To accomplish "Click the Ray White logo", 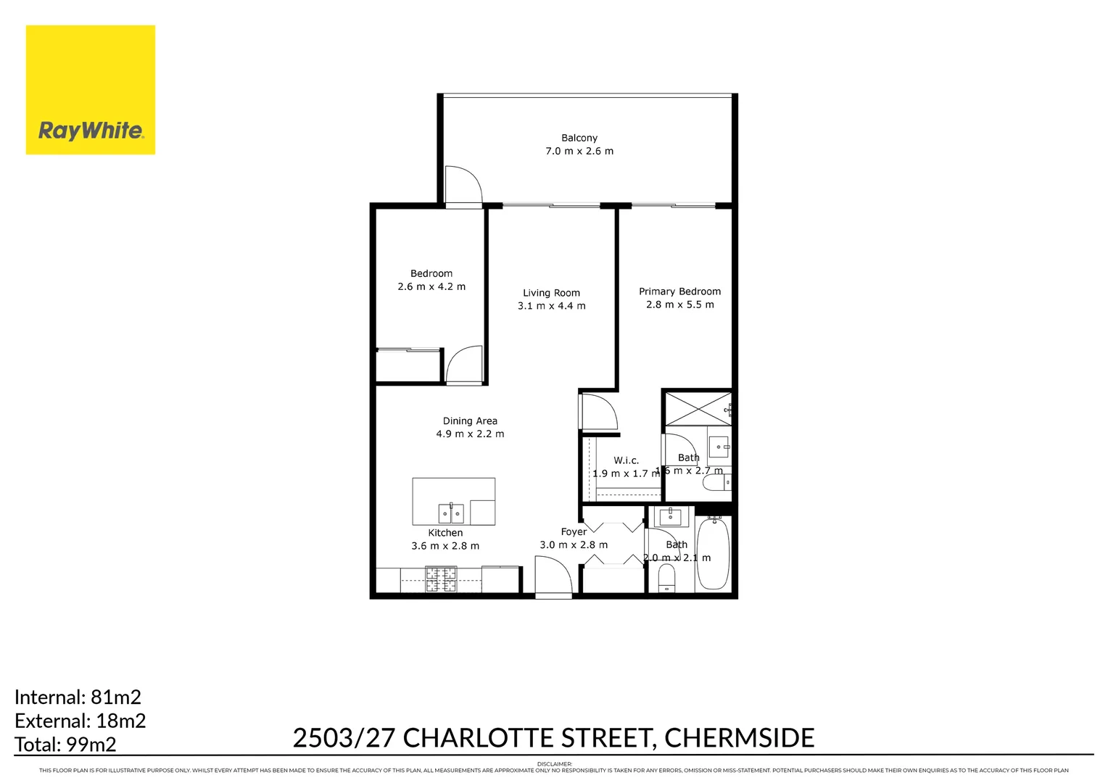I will (x=91, y=90).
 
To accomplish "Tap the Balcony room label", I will (x=579, y=138).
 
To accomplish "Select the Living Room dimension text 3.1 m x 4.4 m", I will (x=551, y=306).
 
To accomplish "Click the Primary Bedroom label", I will (x=679, y=291).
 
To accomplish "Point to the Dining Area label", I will (x=470, y=420).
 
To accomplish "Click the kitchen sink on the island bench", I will (x=450, y=513).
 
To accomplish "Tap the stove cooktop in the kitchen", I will (x=440, y=579).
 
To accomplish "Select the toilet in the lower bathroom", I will (x=666, y=577).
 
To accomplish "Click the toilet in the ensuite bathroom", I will (x=717, y=482).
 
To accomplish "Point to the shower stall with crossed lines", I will (x=698, y=408).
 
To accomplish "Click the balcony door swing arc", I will (x=463, y=185).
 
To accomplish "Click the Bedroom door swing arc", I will (x=465, y=365).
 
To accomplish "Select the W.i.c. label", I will (x=626, y=460).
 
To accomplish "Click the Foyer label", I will (x=574, y=531).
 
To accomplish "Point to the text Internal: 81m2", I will (x=78, y=697).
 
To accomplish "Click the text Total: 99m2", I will (x=65, y=744).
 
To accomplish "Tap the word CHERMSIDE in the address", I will (x=739, y=737).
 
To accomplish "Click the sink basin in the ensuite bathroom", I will (x=719, y=447).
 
